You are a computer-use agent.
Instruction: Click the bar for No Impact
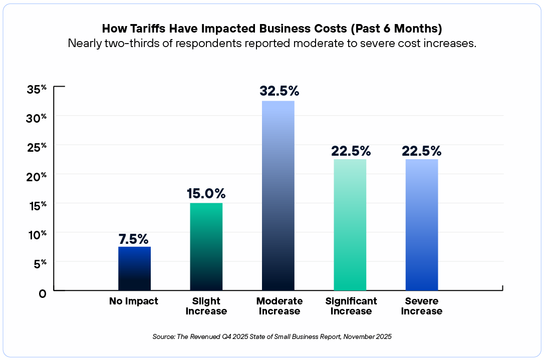click(x=134, y=268)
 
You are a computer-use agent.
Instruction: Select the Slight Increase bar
click(x=206, y=246)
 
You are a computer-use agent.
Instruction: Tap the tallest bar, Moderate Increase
click(x=278, y=195)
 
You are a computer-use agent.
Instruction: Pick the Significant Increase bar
click(x=350, y=225)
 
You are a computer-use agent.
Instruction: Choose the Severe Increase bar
click(x=421, y=225)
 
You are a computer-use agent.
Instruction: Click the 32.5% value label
click(x=279, y=91)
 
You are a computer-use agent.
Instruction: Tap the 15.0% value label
click(x=206, y=194)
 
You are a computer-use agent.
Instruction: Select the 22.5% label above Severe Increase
click(x=421, y=151)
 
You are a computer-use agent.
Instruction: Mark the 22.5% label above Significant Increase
click(x=350, y=151)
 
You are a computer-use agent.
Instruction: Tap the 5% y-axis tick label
click(x=40, y=263)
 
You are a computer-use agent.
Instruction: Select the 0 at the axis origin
click(x=43, y=293)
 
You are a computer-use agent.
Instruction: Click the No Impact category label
click(x=134, y=301)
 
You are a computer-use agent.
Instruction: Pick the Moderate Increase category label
click(x=279, y=306)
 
